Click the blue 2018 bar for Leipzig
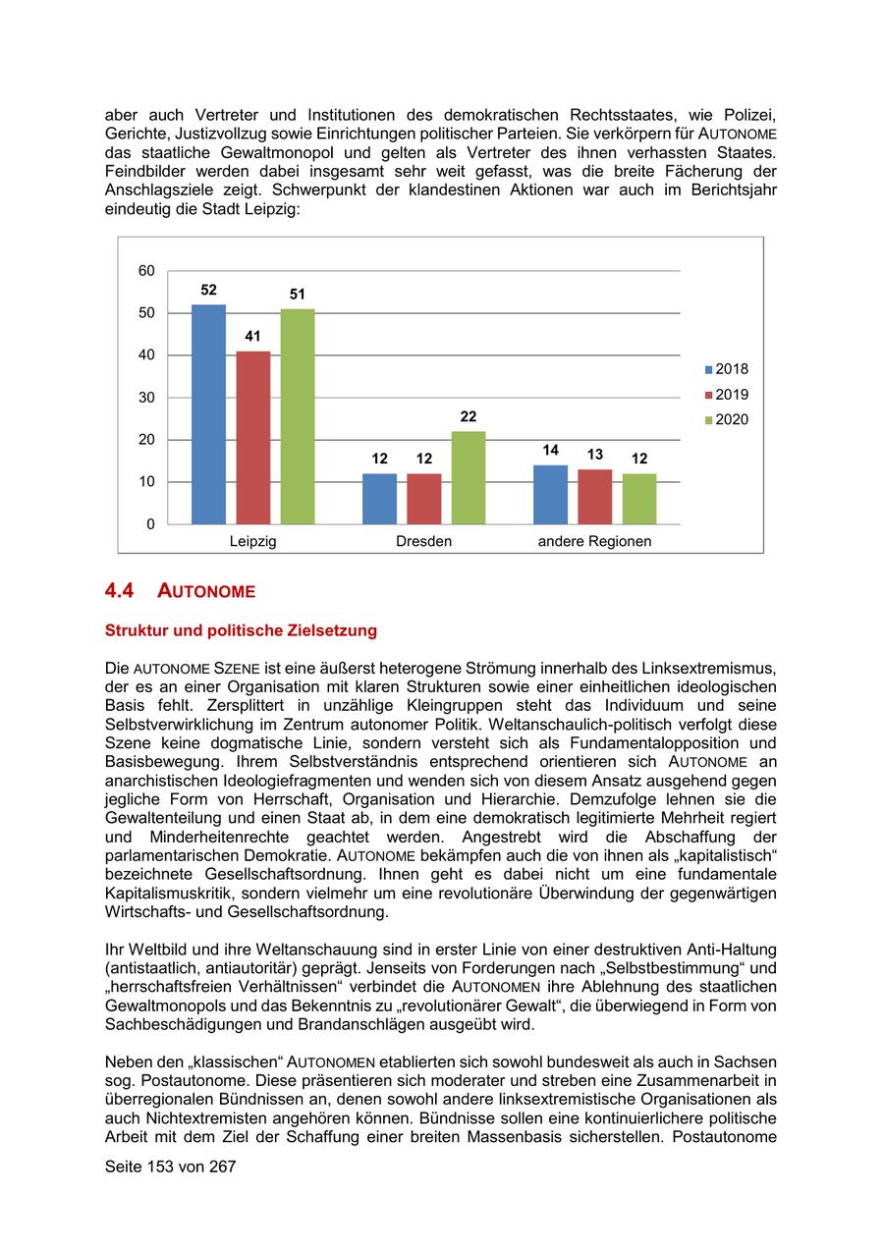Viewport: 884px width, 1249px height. tap(208, 414)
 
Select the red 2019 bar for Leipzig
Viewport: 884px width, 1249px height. tap(253, 437)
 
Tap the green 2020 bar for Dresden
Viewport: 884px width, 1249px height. tap(469, 477)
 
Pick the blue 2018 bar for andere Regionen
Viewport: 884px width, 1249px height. tap(550, 494)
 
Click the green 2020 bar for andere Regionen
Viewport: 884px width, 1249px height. tap(639, 498)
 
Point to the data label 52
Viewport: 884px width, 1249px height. tap(208, 290)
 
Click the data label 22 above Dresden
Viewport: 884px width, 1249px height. tap(469, 416)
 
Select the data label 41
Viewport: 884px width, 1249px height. tap(253, 336)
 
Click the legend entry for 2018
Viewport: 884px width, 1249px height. tap(726, 369)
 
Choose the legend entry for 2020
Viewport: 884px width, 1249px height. tap(726, 420)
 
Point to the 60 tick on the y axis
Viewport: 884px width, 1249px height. tap(146, 271)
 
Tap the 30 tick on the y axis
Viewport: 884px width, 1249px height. tap(146, 398)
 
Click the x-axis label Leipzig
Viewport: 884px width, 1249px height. tap(252, 541)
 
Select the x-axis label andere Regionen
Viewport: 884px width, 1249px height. tap(594, 541)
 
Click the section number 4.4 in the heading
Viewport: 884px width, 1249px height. tap(119, 591)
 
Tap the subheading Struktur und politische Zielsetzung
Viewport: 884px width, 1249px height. tap(241, 630)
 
